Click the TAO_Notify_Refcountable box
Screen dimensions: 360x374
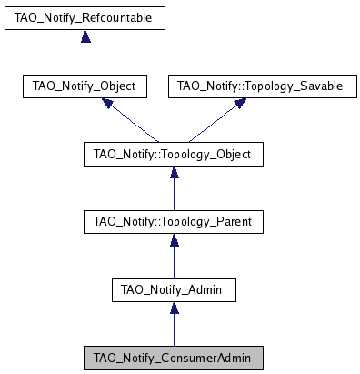click(x=84, y=17)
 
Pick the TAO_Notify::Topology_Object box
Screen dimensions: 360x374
click(x=173, y=155)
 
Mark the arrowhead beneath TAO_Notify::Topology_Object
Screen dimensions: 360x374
click(x=173, y=172)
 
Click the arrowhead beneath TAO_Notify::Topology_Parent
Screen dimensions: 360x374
click(x=173, y=240)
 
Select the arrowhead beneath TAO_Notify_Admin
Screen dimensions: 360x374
click(x=173, y=308)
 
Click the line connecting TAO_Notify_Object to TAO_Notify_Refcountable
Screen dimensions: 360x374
click(x=84, y=59)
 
